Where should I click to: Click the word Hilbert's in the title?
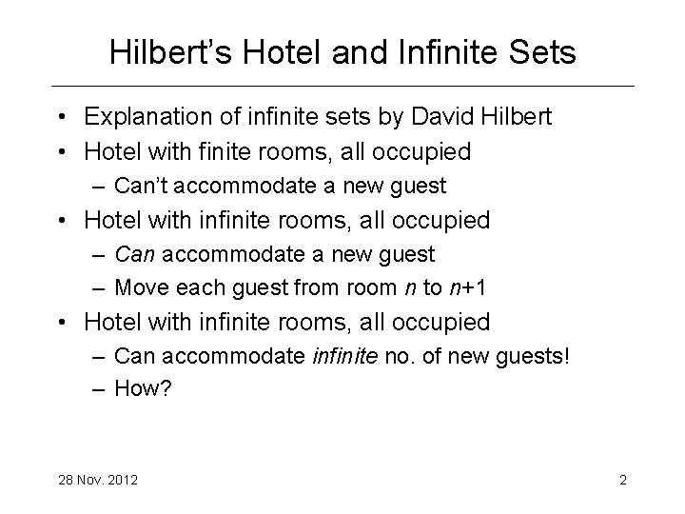point(167,53)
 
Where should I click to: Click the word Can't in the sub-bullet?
point(139,186)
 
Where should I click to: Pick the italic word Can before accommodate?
point(131,254)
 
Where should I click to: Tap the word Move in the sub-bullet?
point(138,287)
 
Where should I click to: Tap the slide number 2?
point(622,479)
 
